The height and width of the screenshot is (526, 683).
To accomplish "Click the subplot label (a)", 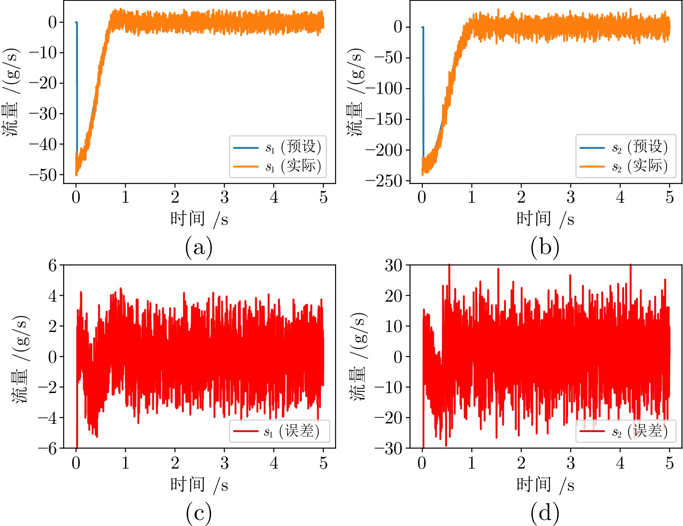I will [x=198, y=248].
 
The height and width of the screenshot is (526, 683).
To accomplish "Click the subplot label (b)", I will [x=545, y=248].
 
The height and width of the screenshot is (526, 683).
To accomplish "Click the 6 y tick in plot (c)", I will [x=53, y=266].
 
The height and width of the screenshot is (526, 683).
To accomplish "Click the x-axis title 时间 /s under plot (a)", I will [x=199, y=219].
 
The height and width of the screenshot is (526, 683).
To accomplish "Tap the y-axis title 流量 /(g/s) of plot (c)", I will [x=21, y=359].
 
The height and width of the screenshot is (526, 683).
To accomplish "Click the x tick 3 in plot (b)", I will [x=571, y=197].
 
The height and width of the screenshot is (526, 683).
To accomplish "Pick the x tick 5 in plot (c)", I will [x=323, y=463].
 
